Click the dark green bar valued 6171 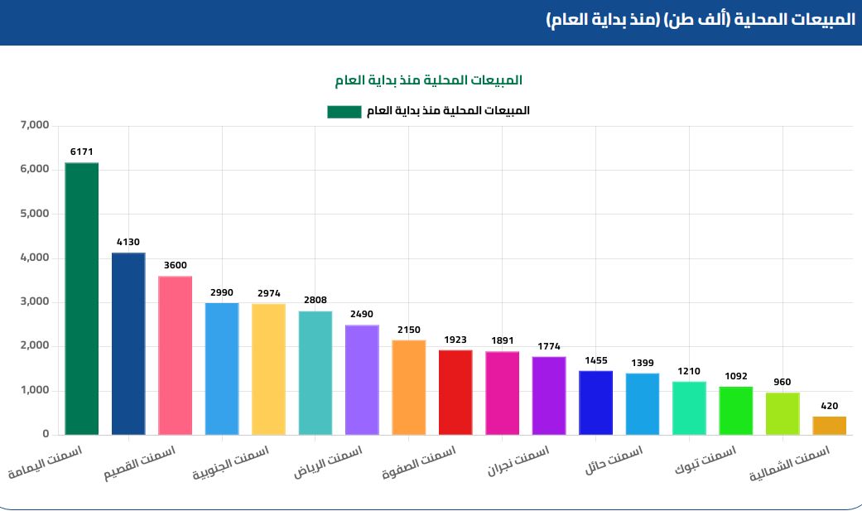81,298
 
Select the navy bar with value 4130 128,343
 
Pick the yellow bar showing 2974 268,369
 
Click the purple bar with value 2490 362,379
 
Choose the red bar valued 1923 455,392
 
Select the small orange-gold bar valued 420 829,425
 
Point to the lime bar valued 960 783,412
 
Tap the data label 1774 548,346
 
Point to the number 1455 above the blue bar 595,361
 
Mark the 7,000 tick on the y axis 35,126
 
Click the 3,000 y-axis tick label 35,302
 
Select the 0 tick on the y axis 46,434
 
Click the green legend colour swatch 344,111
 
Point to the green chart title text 428,80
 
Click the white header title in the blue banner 701,20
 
